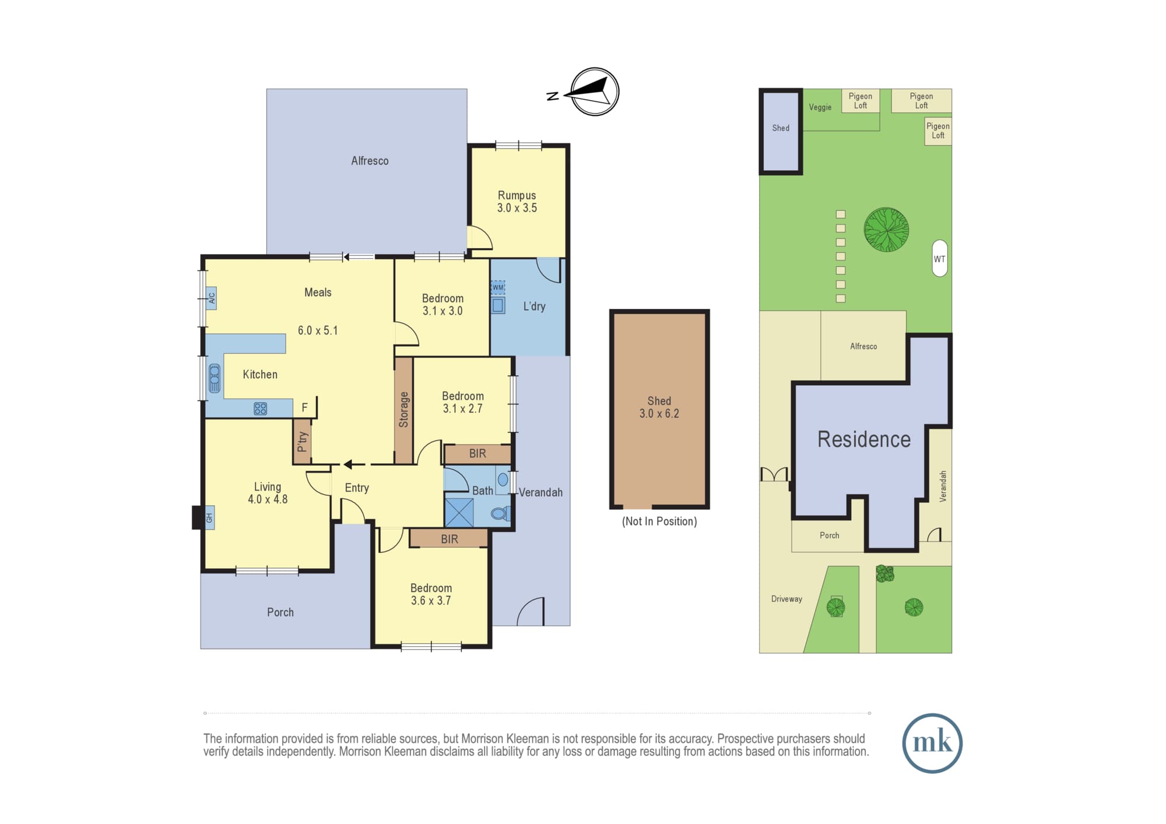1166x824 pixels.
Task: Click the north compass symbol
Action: click(x=594, y=92)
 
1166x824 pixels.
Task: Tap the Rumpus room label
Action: click(x=517, y=195)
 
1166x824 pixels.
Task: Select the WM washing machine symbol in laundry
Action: click(x=497, y=287)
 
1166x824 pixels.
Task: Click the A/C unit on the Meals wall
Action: click(x=212, y=298)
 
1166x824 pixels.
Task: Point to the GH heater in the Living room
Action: click(x=209, y=517)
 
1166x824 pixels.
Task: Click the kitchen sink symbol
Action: click(x=214, y=378)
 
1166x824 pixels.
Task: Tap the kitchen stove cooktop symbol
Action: click(x=260, y=409)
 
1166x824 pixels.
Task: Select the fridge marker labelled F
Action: click(x=304, y=408)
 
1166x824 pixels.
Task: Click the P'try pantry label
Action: click(x=302, y=441)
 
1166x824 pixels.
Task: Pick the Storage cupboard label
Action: click(x=403, y=410)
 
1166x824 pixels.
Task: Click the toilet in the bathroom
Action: click(x=500, y=513)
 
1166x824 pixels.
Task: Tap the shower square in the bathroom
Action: click(x=459, y=513)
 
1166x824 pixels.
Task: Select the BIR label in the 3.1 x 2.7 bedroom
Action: click(x=477, y=453)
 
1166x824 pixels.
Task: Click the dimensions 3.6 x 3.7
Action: click(x=431, y=601)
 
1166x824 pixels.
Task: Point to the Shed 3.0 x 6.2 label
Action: click(x=659, y=407)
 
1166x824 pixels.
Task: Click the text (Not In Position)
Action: click(x=659, y=522)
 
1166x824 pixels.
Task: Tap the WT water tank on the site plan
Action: click(x=940, y=258)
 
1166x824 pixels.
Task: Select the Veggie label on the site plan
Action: click(x=820, y=107)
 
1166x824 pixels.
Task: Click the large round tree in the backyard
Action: click(x=886, y=230)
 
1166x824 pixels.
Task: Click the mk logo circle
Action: click(x=932, y=744)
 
